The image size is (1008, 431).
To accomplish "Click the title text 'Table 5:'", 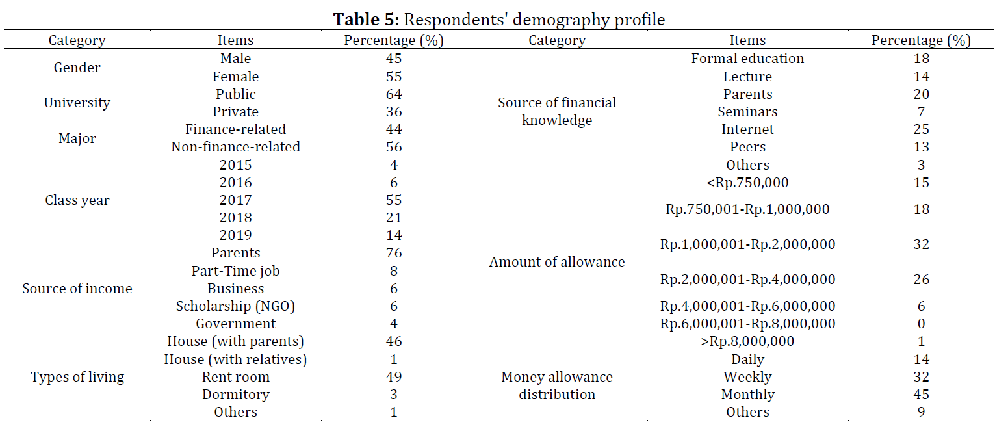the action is [366, 20].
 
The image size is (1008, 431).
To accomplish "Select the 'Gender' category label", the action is [77, 68].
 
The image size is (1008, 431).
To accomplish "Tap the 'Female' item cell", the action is [235, 77].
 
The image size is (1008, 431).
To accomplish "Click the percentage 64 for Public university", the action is [394, 94].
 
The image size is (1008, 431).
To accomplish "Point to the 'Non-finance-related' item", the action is [235, 147].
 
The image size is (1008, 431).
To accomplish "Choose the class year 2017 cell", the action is [235, 200].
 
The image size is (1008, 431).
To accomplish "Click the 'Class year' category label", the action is [77, 200].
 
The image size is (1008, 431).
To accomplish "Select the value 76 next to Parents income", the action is [394, 253].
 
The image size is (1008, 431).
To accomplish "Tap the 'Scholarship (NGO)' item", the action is [235, 306].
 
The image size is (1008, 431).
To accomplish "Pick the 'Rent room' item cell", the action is [235, 376].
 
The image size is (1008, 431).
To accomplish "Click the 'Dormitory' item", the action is [235, 395].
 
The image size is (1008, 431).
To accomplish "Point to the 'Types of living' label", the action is [77, 377].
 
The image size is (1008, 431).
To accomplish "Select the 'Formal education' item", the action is [747, 59].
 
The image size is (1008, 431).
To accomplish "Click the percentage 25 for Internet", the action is [921, 129].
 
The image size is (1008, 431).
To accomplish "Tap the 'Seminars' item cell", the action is [747, 112].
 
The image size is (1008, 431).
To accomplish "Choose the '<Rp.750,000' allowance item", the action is [747, 182].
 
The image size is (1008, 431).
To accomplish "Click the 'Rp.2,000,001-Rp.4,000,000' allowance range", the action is [747, 280].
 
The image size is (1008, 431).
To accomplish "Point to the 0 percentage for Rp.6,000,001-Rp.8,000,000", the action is [921, 324].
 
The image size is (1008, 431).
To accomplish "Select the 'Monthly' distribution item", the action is [747, 395].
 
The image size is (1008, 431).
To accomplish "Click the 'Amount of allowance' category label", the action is [557, 262].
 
